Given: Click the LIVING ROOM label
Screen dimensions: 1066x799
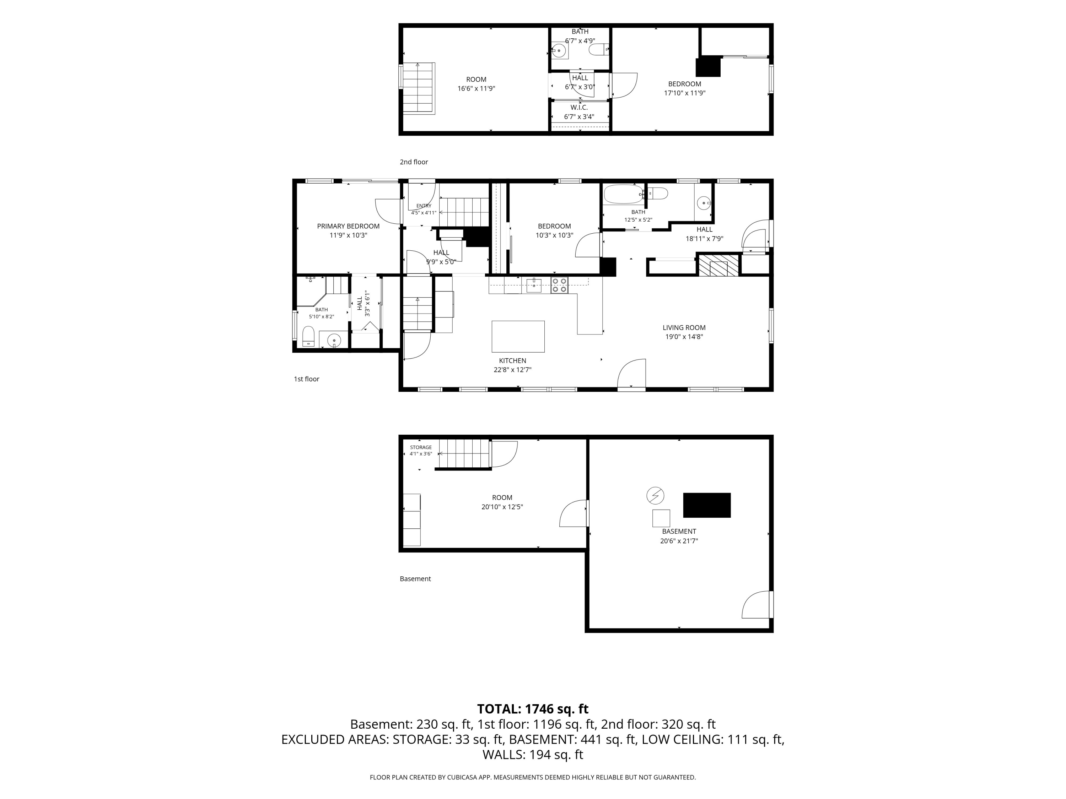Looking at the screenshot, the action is click(x=684, y=327).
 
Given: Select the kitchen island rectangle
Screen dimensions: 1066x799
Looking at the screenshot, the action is click(x=518, y=337).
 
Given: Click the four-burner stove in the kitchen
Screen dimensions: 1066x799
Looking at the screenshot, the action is click(x=560, y=285).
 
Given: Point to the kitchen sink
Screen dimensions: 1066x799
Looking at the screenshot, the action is click(x=534, y=285).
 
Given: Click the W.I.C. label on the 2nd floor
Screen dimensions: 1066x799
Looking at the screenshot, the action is click(x=579, y=107).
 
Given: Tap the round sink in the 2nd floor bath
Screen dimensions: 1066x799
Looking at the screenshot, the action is click(x=559, y=50).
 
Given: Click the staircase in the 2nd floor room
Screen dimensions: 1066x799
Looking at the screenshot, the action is click(x=419, y=89).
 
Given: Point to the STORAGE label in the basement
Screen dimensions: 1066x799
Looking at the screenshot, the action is click(x=421, y=447).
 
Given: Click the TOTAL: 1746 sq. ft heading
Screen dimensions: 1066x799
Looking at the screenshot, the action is click(x=533, y=709).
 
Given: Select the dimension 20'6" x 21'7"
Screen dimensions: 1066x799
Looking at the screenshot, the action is click(x=679, y=541).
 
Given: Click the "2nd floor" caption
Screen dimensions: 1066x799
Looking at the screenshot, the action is click(x=414, y=162).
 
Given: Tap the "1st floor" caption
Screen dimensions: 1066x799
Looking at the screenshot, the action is click(x=307, y=379).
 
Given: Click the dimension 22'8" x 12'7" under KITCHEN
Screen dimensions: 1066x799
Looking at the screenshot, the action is click(x=512, y=370).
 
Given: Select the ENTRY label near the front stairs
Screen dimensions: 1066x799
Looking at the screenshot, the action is click(x=424, y=206).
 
